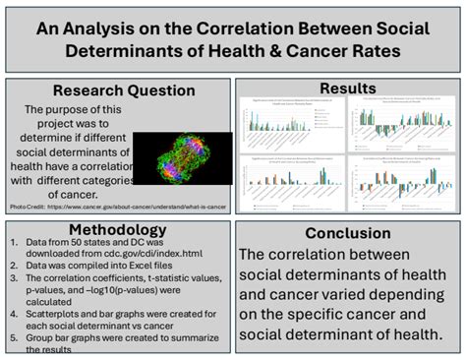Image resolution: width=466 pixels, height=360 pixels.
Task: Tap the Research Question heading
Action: (x=120, y=91)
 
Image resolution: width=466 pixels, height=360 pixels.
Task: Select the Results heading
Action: (x=349, y=89)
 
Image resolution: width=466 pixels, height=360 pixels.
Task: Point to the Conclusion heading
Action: (x=347, y=233)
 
